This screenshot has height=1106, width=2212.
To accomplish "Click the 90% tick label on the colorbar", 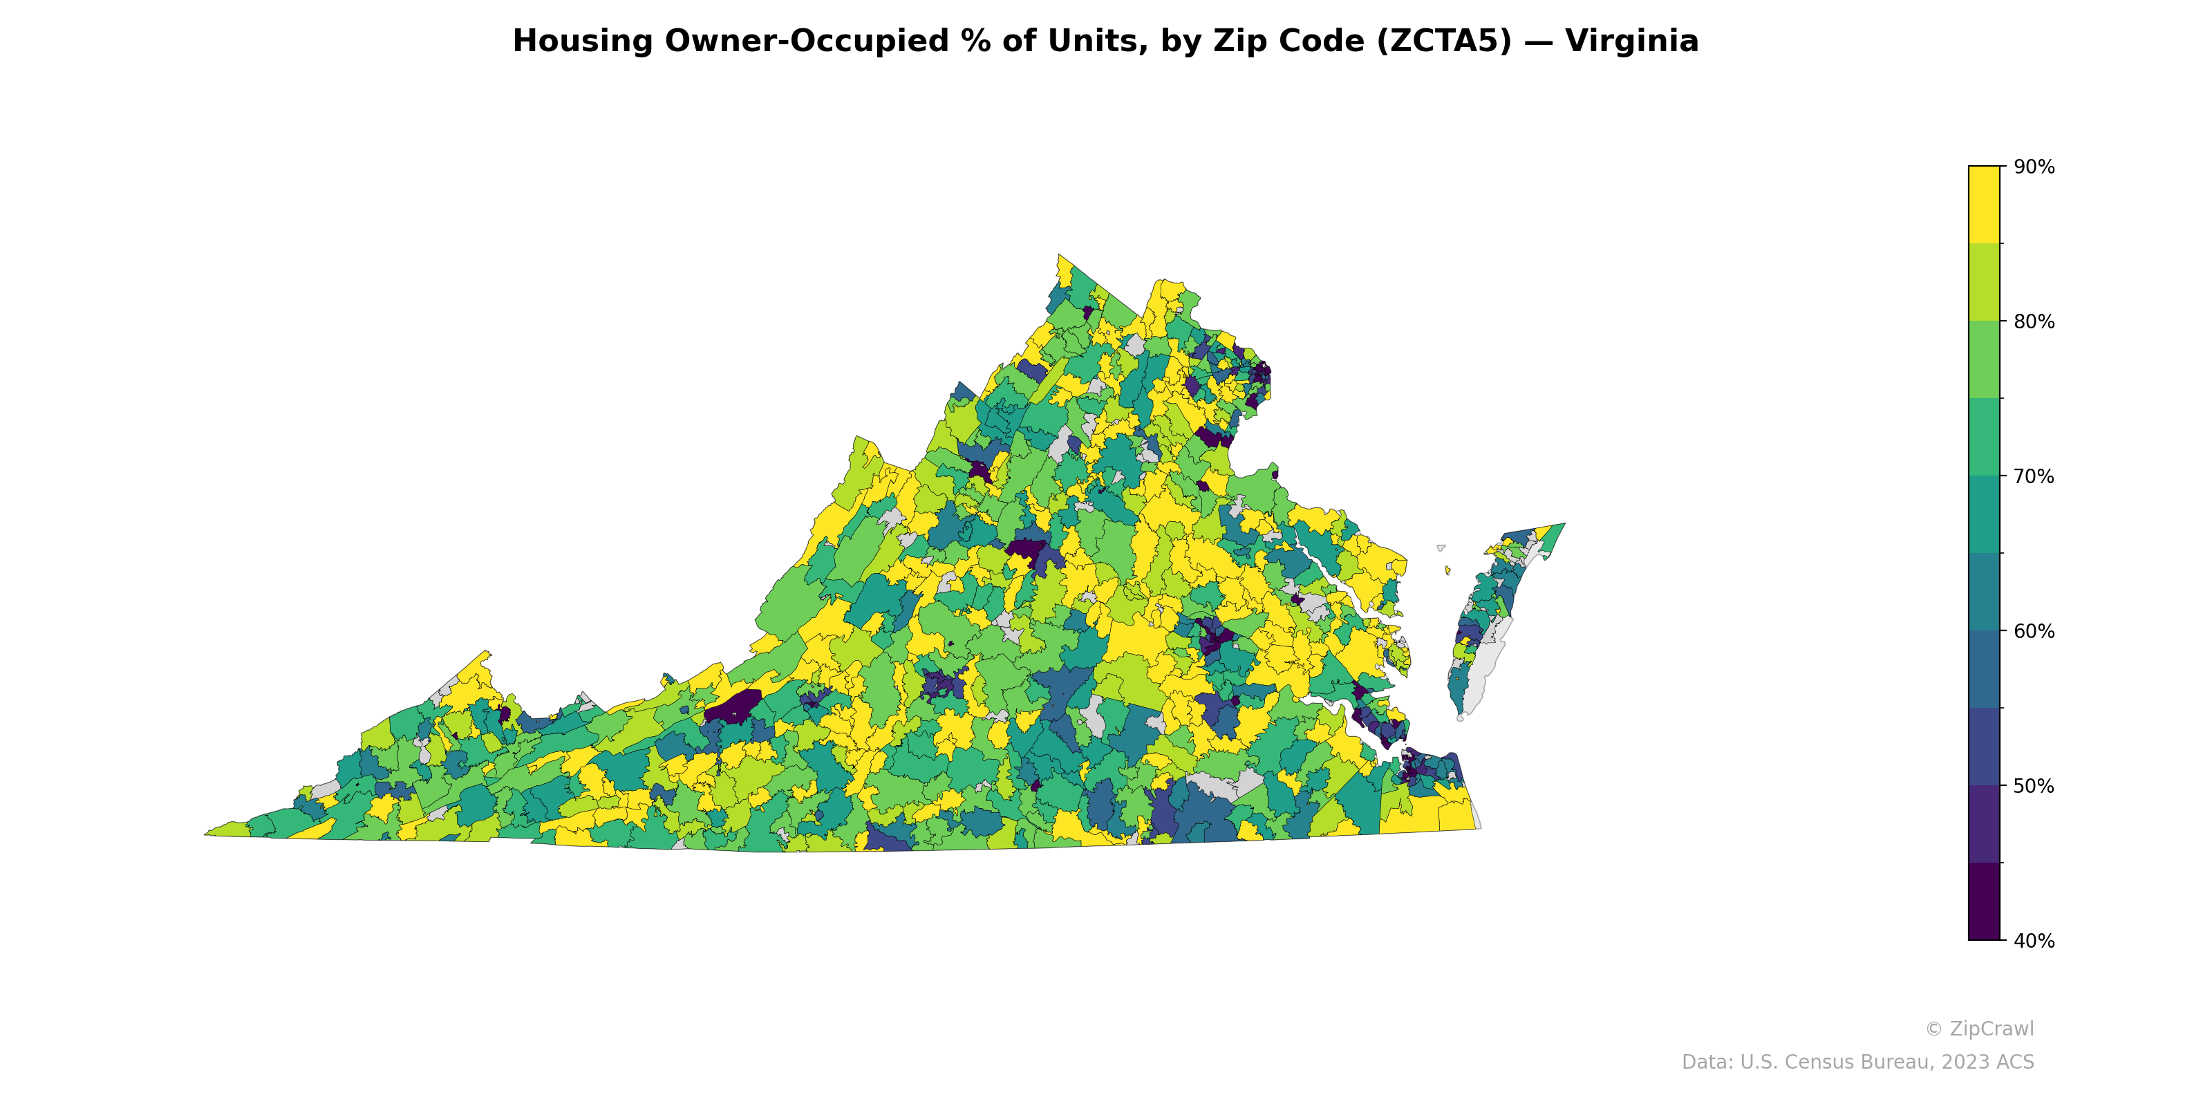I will [x=2034, y=167].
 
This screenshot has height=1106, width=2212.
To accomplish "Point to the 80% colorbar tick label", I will [x=2034, y=321].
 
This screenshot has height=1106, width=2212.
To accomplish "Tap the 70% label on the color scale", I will [x=2034, y=476].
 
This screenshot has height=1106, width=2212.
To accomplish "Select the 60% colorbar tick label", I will [x=2034, y=631].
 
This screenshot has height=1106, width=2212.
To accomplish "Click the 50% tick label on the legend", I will [x=2034, y=786].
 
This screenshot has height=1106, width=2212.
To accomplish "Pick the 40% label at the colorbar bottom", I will [x=2034, y=940].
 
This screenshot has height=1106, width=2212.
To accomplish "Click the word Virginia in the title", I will [x=1631, y=41].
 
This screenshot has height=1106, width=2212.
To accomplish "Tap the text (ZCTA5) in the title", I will [x=1443, y=41].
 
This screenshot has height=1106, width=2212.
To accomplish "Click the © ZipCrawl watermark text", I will [x=1979, y=1029].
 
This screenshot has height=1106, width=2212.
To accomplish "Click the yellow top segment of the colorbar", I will [x=1984, y=205].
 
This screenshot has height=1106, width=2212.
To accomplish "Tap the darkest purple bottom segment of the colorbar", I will [x=1984, y=901].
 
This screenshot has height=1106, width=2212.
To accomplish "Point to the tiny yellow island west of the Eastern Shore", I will [x=1447, y=570].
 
